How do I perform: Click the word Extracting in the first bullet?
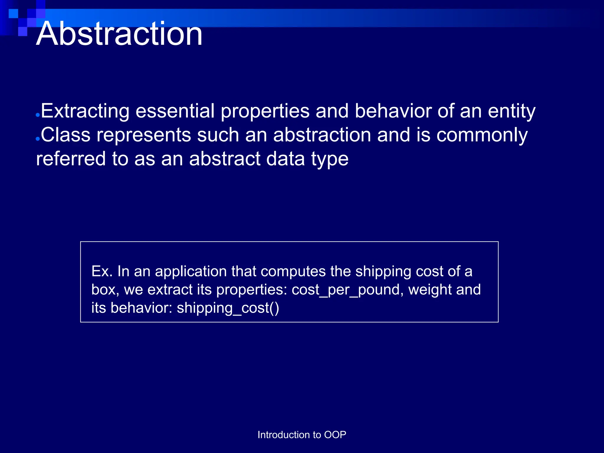85,111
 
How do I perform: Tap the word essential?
175,111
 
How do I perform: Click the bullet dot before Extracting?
37,115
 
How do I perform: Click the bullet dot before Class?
37,139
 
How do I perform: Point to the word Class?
65,135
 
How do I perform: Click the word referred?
71,159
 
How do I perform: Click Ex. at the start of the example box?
102,271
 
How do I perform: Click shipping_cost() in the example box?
228,308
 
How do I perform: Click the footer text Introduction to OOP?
302,435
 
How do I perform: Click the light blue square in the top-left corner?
13,14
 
